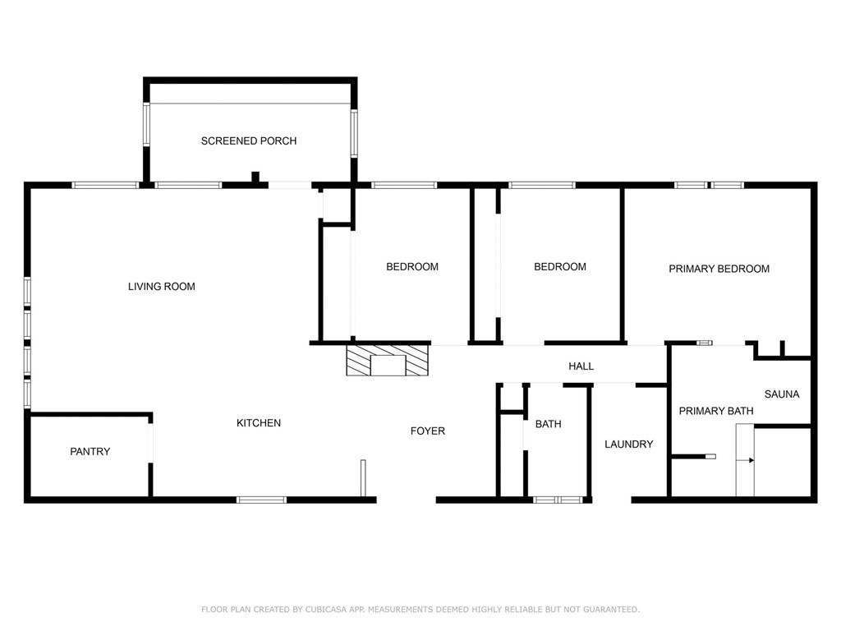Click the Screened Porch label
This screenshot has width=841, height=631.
pyautogui.click(x=248, y=141)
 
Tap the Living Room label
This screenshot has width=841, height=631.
pyautogui.click(x=162, y=287)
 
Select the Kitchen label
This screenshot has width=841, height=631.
pyautogui.click(x=259, y=423)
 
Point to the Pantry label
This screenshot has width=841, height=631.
pyautogui.click(x=90, y=452)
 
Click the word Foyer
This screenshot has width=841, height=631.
pyautogui.click(x=428, y=431)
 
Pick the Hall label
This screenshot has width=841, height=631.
pyautogui.click(x=581, y=366)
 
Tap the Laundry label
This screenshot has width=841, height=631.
pyautogui.click(x=628, y=444)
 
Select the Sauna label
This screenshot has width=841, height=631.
pyautogui.click(x=781, y=394)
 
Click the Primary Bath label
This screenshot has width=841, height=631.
pyautogui.click(x=715, y=411)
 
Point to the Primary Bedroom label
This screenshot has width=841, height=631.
pyautogui.click(x=719, y=269)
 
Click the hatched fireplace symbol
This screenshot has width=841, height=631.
pyautogui.click(x=388, y=361)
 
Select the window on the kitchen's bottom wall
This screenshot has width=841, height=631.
pyautogui.click(x=262, y=500)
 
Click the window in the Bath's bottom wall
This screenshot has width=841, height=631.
pyautogui.click(x=558, y=500)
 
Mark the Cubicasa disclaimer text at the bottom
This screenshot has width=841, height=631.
pyautogui.click(x=420, y=610)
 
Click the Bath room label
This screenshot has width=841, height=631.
pyautogui.click(x=548, y=425)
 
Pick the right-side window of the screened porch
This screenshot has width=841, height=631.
pyautogui.click(x=354, y=133)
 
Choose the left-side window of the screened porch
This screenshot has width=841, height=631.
pyautogui.click(x=147, y=125)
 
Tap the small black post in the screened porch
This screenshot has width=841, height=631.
pyautogui.click(x=255, y=177)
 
